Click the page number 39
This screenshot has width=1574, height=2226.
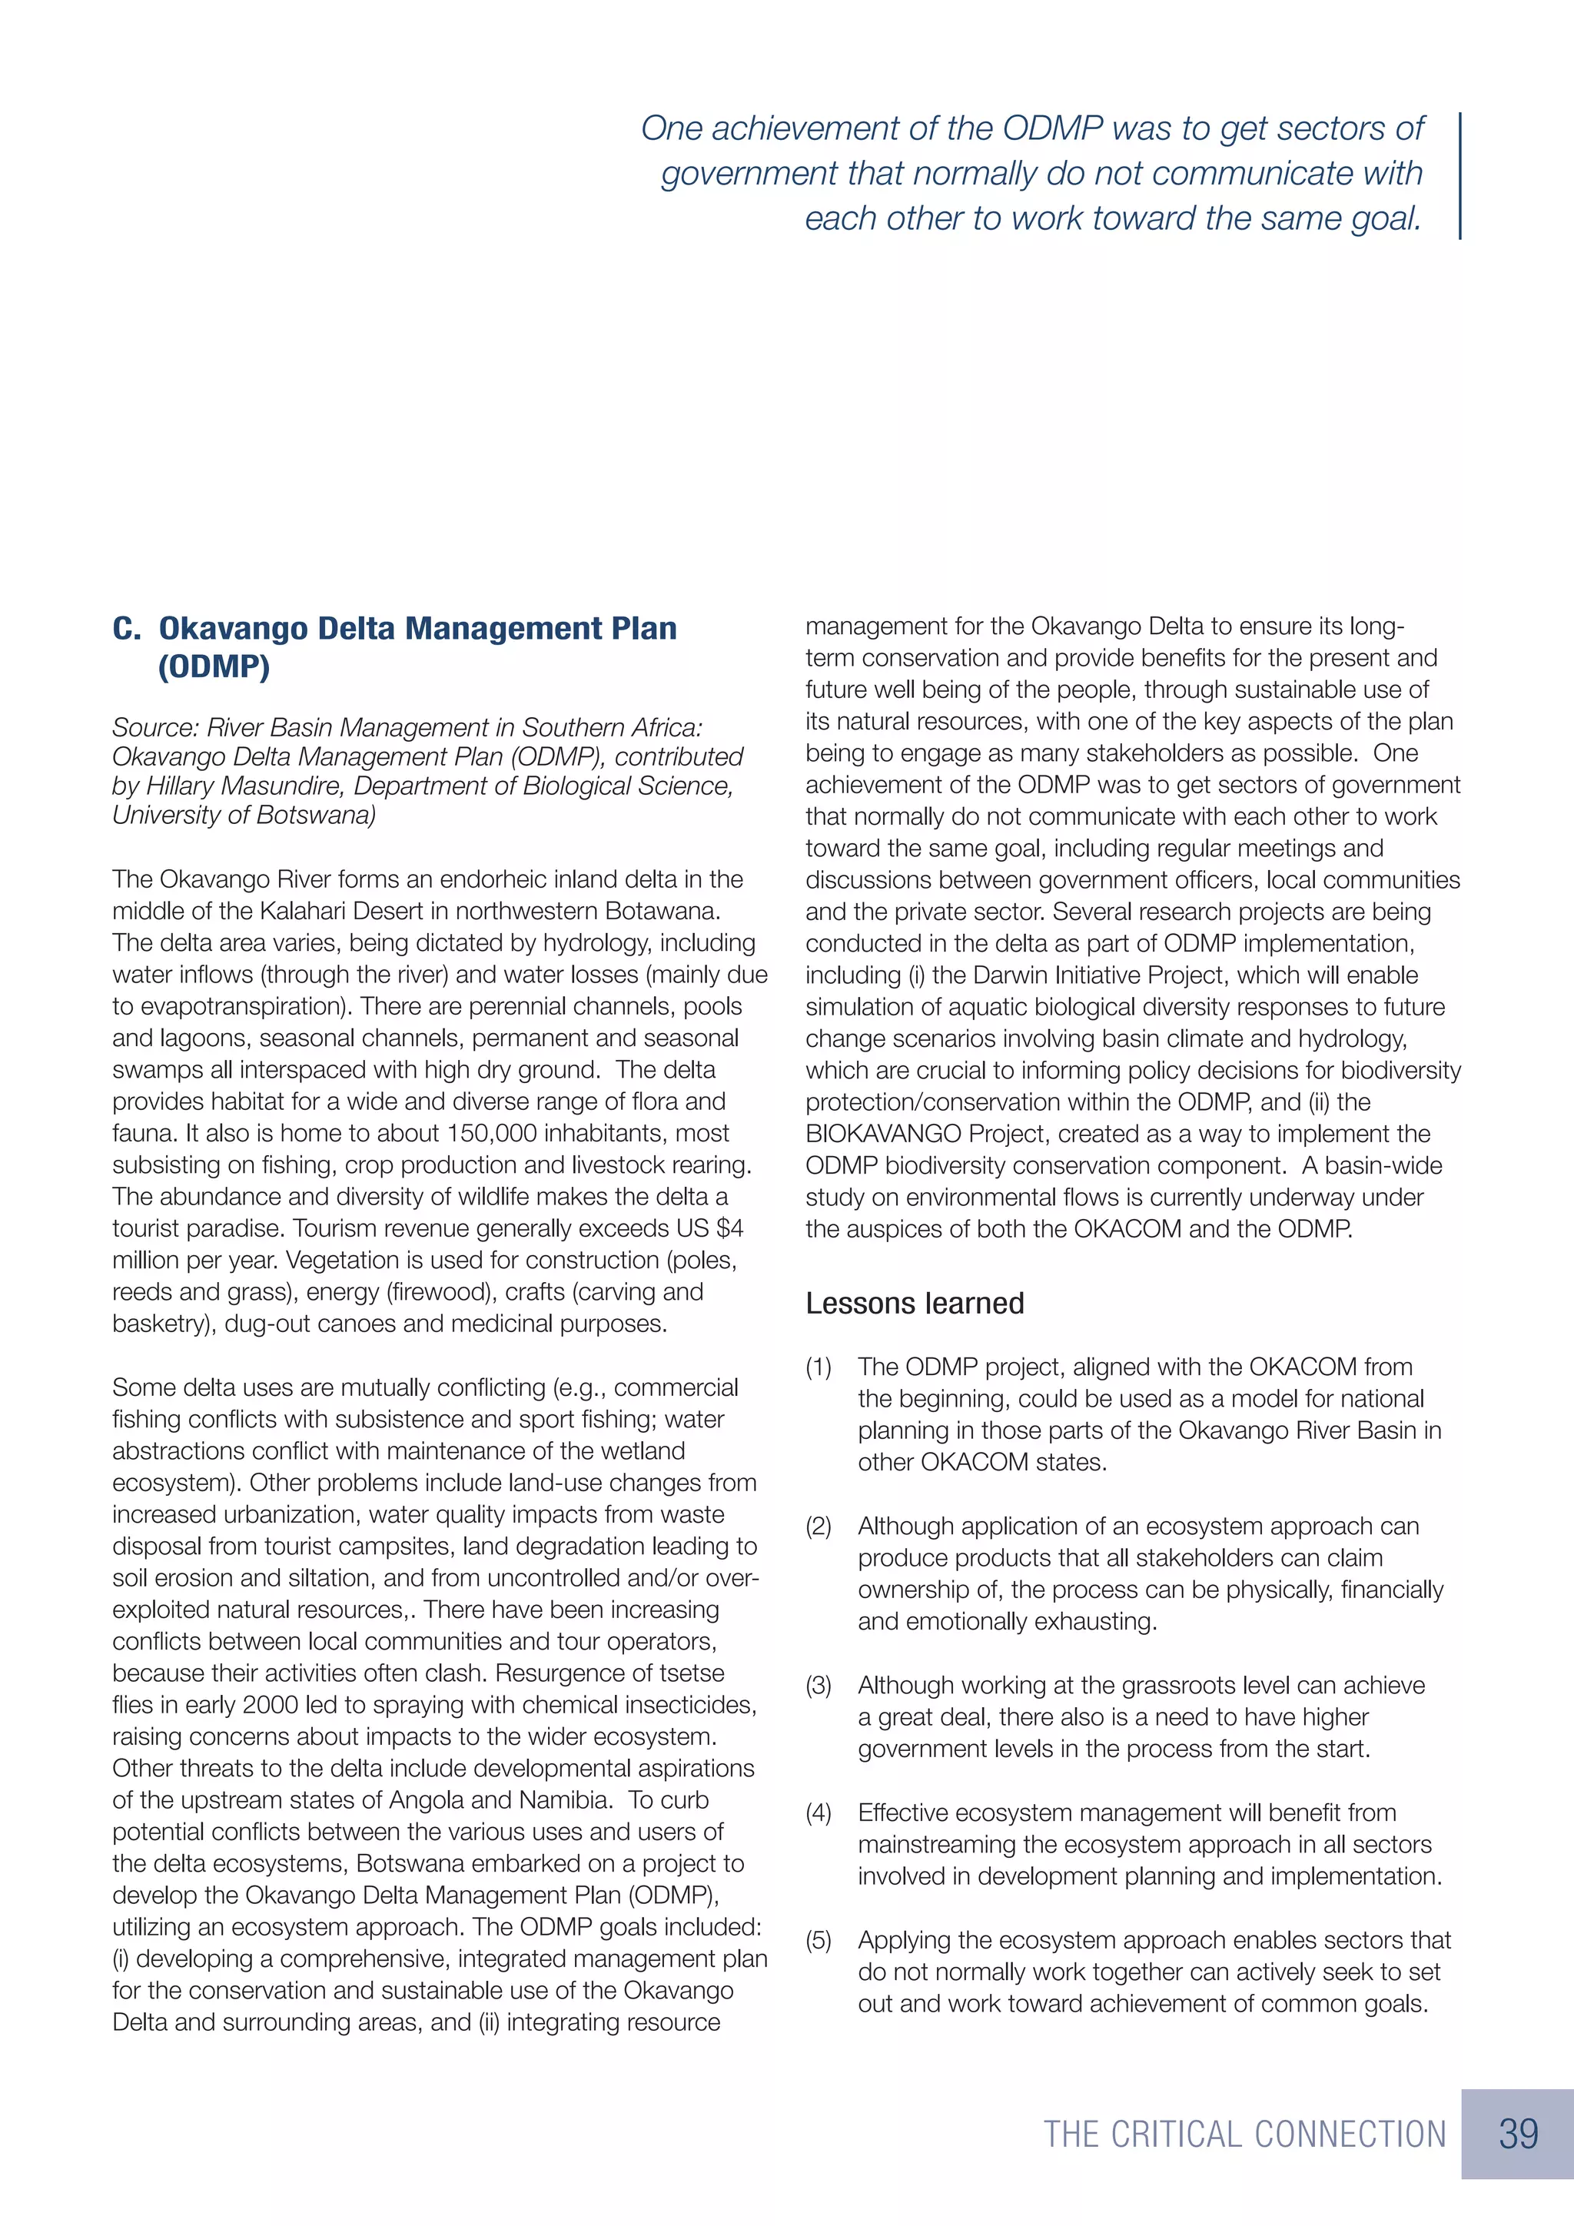coord(1518,2134)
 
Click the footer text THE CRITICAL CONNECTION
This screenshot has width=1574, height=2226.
coord(1244,2135)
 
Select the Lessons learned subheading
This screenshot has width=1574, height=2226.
coord(914,1303)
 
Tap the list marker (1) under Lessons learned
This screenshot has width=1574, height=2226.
coord(819,1367)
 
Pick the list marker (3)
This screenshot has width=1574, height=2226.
coord(819,1685)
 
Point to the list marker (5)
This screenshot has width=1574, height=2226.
coord(819,1941)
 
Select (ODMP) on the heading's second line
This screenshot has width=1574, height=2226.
coord(213,667)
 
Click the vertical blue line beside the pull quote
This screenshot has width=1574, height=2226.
coord(1459,174)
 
